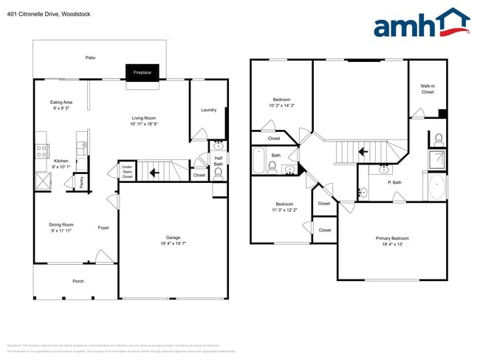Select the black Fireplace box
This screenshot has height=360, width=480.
coord(142,72)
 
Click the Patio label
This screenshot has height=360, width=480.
coord(90,58)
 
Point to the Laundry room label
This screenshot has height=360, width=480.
coord(208,110)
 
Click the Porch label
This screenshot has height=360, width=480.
coord(78,281)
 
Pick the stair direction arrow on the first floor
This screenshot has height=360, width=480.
coord(154,173)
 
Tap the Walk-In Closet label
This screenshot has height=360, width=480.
coord(428,89)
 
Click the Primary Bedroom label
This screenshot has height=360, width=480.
coord(392,238)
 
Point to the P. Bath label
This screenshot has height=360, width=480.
coord(394,182)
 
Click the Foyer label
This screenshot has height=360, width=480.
coord(103,227)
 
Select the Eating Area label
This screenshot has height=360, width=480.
coord(61,102)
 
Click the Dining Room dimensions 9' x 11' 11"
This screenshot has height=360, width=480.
coord(62,231)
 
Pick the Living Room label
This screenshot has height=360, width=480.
coord(144,118)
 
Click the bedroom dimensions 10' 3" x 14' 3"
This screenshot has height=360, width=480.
coord(281,105)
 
